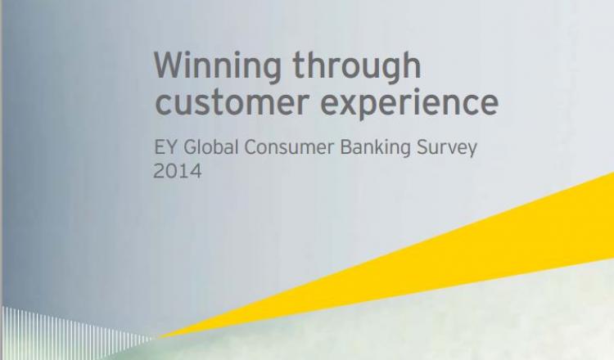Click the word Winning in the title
tap(217, 66)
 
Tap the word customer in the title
tap(233, 102)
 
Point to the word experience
tap(409, 103)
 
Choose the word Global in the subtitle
tap(210, 147)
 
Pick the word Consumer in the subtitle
tap(289, 147)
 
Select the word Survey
tap(447, 149)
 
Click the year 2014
tap(178, 171)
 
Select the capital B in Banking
tap(346, 147)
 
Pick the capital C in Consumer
tap(251, 147)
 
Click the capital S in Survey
tap(422, 147)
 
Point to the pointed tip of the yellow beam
tap(157, 337)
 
